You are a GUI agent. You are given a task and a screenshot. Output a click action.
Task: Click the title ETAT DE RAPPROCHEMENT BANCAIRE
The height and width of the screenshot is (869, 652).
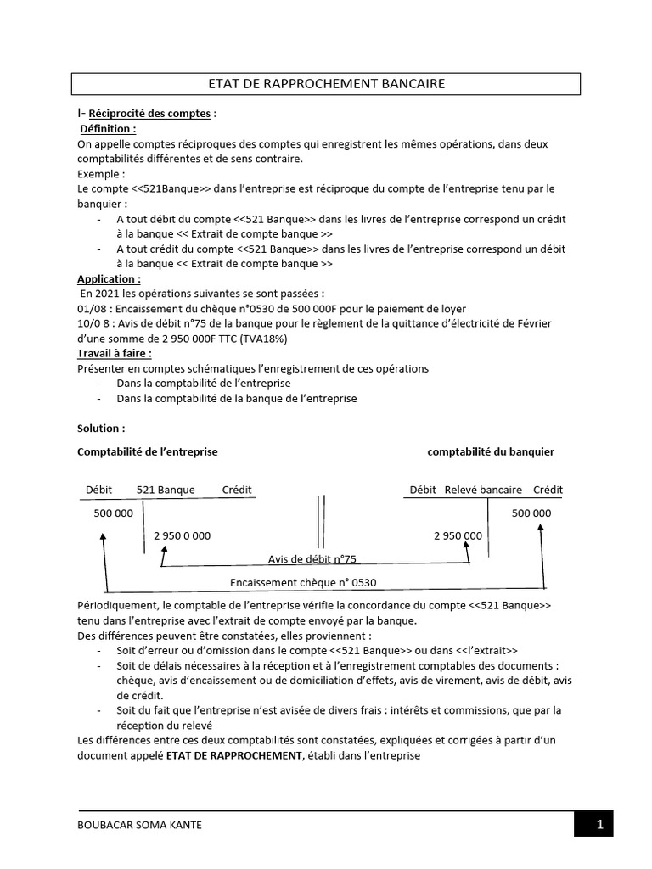[x=326, y=83]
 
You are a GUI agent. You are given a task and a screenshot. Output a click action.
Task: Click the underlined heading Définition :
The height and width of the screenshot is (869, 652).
[x=107, y=129]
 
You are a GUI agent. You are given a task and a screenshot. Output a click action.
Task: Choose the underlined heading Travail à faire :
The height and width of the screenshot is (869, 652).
[x=115, y=353]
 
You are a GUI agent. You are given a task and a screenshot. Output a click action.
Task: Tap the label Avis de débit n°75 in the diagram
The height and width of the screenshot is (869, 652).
[x=312, y=558]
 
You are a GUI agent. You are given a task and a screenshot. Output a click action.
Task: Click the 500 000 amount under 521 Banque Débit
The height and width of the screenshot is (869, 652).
[x=113, y=513]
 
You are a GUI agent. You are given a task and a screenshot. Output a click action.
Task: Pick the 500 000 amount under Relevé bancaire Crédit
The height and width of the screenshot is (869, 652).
[x=531, y=513]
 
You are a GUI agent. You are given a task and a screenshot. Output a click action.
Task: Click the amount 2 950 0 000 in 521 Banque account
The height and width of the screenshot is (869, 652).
[x=183, y=536]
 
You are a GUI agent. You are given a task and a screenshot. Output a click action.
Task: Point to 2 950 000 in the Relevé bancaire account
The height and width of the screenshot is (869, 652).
[x=458, y=536]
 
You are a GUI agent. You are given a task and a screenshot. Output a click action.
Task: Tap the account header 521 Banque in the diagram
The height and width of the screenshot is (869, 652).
[x=166, y=491]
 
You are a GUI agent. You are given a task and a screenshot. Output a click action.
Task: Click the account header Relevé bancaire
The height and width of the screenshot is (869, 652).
[x=484, y=491]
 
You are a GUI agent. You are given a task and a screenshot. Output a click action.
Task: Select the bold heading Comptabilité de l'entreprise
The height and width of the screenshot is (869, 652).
[x=148, y=452]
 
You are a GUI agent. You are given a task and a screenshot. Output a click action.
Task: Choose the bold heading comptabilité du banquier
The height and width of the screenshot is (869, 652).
[x=491, y=452]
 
